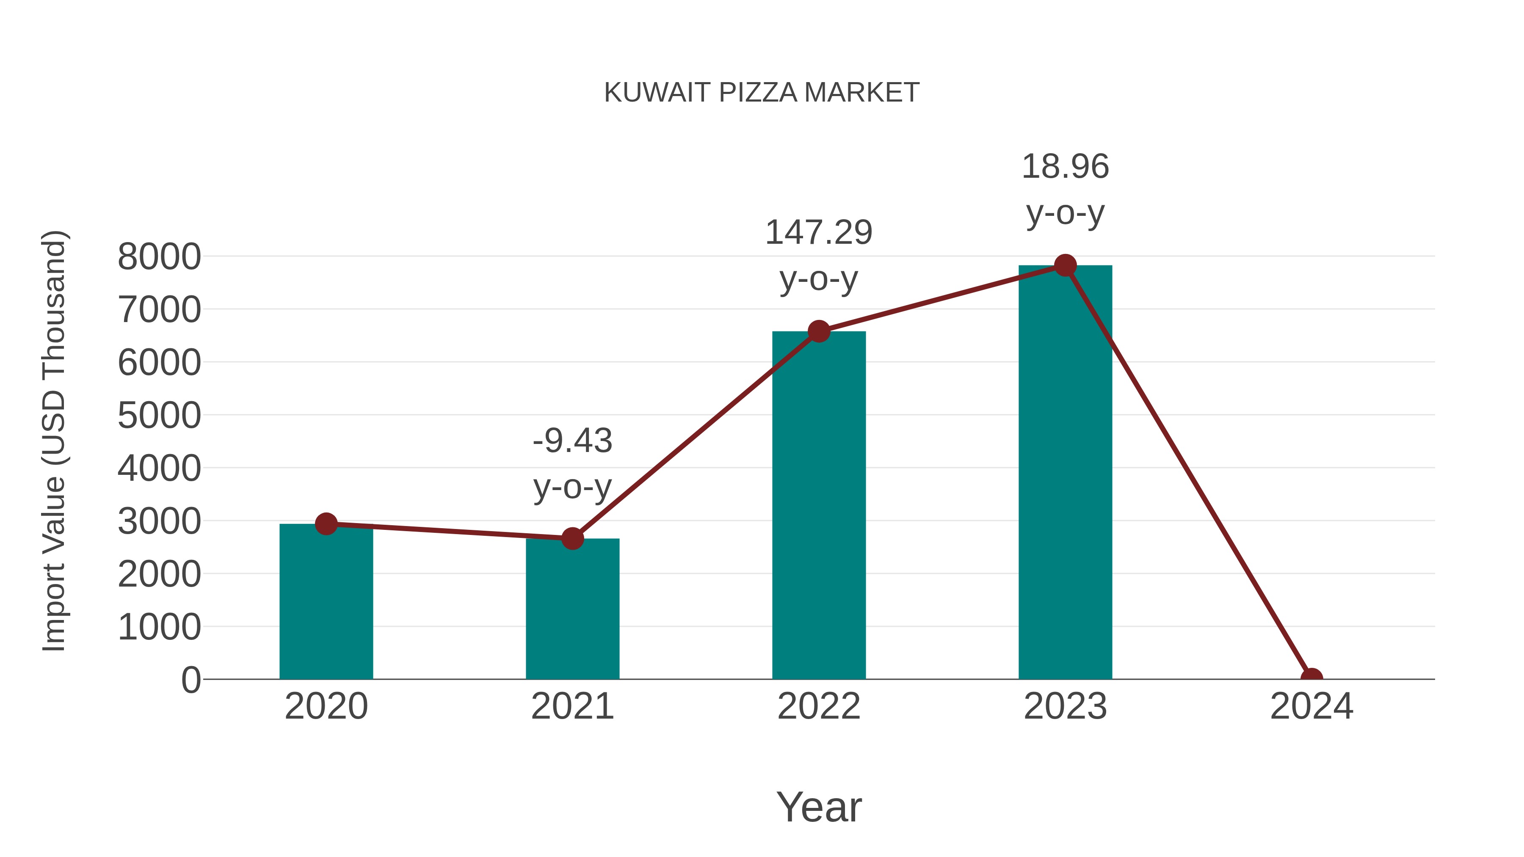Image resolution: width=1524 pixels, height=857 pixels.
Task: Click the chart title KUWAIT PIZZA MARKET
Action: (x=762, y=93)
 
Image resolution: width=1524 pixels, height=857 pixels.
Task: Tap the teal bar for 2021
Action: (x=572, y=609)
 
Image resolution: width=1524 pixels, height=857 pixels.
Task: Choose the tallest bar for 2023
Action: (x=1065, y=473)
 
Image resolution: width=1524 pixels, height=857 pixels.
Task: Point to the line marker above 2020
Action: (x=326, y=524)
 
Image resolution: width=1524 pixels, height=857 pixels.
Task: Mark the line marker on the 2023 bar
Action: (x=1065, y=265)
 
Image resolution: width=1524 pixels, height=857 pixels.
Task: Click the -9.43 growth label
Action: (x=572, y=441)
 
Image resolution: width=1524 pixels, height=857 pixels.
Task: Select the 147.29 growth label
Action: (x=819, y=232)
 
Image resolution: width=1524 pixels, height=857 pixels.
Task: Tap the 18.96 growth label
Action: (x=1065, y=167)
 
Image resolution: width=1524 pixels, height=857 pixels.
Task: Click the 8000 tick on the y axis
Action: (x=159, y=257)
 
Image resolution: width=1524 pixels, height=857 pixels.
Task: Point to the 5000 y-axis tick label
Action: (x=159, y=415)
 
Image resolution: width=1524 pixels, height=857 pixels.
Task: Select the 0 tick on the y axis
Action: (x=191, y=680)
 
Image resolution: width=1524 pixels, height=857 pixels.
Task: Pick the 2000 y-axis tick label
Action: (x=159, y=574)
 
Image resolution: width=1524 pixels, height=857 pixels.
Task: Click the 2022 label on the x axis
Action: (x=819, y=706)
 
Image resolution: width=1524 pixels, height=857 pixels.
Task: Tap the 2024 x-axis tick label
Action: (x=1311, y=706)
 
